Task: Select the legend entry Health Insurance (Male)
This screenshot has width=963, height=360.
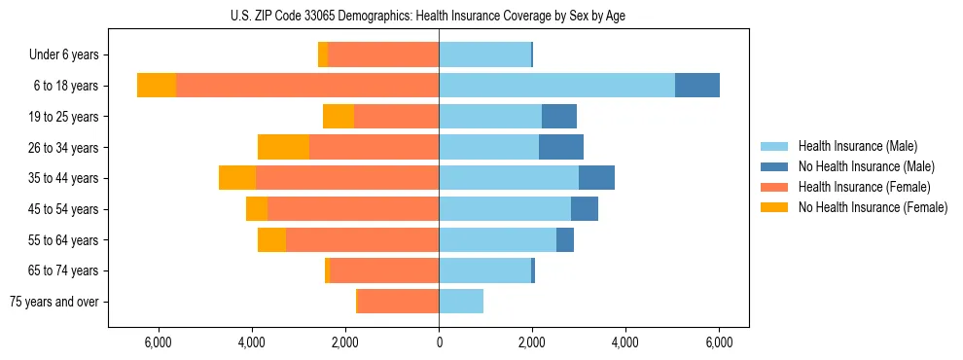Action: (857, 146)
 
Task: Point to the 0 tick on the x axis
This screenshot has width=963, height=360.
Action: (439, 342)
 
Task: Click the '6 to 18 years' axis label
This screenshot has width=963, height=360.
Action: (65, 86)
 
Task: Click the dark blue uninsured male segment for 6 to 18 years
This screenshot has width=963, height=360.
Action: (697, 86)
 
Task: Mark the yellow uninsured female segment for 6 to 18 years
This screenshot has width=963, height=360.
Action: (157, 86)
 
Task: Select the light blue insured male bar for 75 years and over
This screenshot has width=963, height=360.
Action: (461, 302)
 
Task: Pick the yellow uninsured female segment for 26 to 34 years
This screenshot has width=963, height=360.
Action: (283, 147)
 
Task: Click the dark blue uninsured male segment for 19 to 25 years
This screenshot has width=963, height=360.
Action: (559, 117)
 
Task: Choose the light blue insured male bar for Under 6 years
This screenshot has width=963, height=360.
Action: (485, 55)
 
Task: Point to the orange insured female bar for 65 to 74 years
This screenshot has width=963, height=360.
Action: (384, 270)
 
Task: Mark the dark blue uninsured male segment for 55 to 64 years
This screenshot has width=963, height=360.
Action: (565, 239)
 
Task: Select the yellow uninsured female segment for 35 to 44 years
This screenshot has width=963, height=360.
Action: (237, 178)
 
